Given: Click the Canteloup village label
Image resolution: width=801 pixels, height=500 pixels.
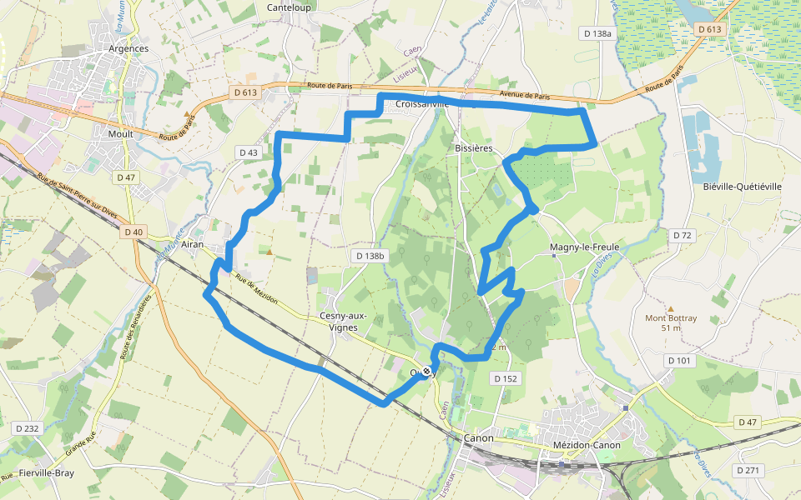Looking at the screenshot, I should pos(288,7).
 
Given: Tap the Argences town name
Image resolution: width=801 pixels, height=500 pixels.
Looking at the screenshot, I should pos(128,48).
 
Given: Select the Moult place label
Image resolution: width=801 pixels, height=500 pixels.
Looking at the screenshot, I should pos(121,133).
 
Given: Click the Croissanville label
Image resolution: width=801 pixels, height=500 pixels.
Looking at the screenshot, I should pos(422,104).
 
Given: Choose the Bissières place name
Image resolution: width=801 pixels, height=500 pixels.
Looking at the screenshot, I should pos(474,147).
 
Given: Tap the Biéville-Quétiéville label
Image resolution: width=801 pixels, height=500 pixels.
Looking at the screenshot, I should pos(742,187).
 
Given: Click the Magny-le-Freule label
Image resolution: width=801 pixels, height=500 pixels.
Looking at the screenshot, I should pos(584,248).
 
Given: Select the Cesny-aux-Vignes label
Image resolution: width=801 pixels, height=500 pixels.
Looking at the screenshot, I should pos(339,322).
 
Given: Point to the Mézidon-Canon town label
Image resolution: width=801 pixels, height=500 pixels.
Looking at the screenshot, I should pos(587,445).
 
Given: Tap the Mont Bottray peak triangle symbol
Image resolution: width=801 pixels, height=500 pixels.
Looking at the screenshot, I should pos(670,307).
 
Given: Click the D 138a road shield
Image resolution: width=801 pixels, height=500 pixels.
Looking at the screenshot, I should pos(597,33).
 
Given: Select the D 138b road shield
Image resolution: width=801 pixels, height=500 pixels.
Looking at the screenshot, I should pos(370,256).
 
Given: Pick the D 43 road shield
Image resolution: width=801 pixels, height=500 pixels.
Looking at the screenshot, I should pos(249,152).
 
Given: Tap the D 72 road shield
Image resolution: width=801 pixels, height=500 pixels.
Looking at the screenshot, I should pos(683,236).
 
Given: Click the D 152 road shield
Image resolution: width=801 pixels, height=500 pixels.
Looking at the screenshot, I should pos(506,378).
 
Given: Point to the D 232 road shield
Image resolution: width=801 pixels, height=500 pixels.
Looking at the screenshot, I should pos(27,428).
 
